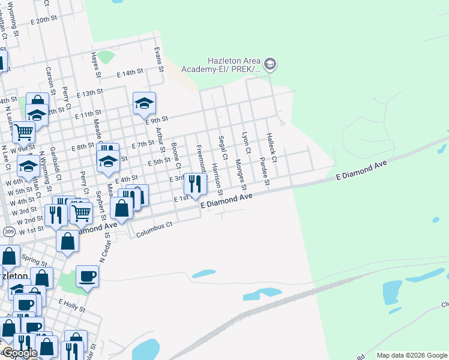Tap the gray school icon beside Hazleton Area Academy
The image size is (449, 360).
pos(270,63)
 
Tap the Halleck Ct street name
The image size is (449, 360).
pos(272,148)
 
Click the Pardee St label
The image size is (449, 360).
pos(264,172)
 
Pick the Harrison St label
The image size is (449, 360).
pos(217,180)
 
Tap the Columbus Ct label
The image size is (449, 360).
pos(155,225)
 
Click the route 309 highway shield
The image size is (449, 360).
pos(8,231)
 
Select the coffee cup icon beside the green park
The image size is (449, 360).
pos(87,276)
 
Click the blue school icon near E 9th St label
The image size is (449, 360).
pos(144,103)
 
